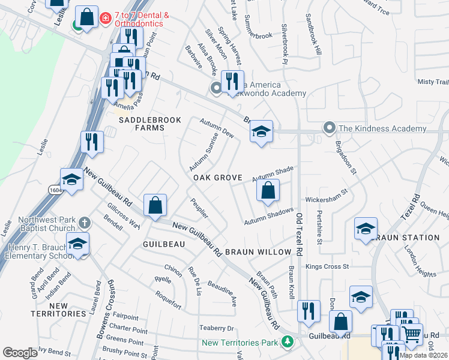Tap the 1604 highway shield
tap(54, 188)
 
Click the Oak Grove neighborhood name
tap(217, 178)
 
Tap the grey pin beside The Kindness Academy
tap(328, 128)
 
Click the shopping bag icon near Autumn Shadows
tap(268, 191)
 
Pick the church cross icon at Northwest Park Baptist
tap(85, 223)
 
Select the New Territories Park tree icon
tap(288, 342)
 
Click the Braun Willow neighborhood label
tap(258, 253)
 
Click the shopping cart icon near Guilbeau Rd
tap(411, 334)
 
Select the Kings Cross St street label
tap(327, 266)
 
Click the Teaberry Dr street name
tap(216, 328)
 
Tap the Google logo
tap(20, 353)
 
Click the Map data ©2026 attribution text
tap(423, 355)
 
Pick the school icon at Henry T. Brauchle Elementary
tap(78, 244)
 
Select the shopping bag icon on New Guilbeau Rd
tap(155, 205)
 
